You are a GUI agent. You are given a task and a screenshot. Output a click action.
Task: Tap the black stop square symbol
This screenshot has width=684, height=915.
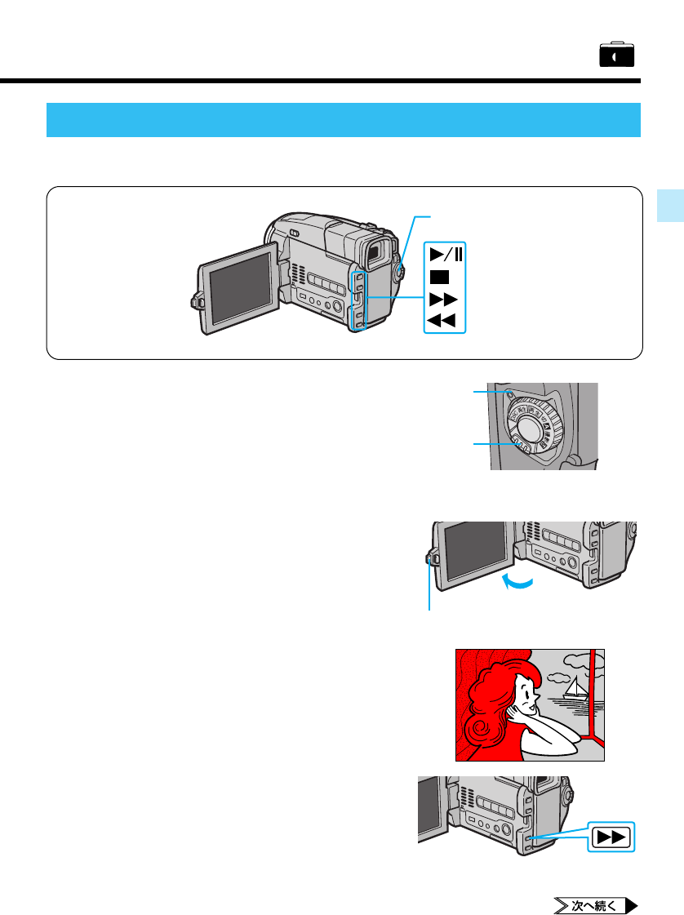point(439,276)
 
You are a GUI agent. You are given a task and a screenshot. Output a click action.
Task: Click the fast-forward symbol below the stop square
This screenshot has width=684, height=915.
point(443,298)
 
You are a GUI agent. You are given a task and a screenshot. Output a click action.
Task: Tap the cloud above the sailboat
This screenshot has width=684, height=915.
point(559,676)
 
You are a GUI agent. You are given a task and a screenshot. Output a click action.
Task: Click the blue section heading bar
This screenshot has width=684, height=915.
point(344,120)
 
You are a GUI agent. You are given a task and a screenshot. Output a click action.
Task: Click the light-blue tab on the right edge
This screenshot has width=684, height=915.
point(669,204)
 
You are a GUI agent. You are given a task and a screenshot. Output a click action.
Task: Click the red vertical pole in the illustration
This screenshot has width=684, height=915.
point(591,686)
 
